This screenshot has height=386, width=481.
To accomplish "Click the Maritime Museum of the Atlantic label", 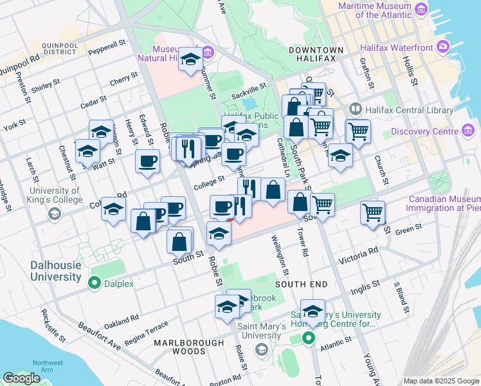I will tap(376, 10).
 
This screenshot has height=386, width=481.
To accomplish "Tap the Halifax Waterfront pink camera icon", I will tap(442, 46).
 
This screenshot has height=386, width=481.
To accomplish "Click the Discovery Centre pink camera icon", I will tap(468, 132).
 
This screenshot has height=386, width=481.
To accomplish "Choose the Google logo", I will tap(21, 378).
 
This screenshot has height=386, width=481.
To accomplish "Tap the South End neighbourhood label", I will tap(301, 284).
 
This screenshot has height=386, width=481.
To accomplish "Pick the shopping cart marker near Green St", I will tap(373, 212).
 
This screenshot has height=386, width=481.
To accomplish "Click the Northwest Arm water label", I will tap(48, 367).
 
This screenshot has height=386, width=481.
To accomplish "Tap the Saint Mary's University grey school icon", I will tap(261, 349).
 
